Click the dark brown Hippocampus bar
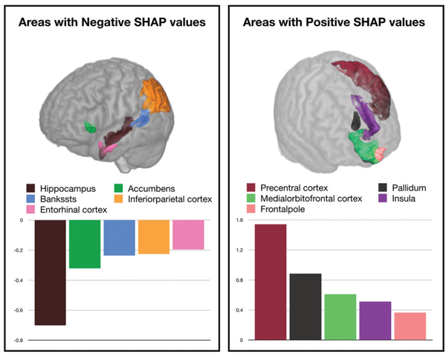(x=50, y=272)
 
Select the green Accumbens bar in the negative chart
(x=85, y=244)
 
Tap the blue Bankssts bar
(x=119, y=237)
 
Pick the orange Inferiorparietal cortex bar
(x=153, y=237)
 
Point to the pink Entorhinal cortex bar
(x=187, y=234)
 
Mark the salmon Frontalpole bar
(x=410, y=326)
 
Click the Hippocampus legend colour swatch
(x=33, y=188)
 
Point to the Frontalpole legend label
(x=277, y=210)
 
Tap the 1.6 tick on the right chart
(x=239, y=220)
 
